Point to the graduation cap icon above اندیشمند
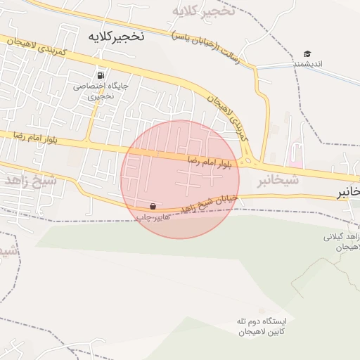click(x=307, y=54)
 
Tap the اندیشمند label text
click(x=307, y=65)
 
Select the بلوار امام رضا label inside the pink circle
click(x=209, y=162)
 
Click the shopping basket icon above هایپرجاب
click(x=153, y=207)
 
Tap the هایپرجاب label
click(x=153, y=217)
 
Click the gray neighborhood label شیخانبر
click(x=277, y=181)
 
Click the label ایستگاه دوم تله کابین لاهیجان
click(x=263, y=326)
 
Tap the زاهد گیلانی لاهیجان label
click(x=342, y=243)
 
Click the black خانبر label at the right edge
click(x=347, y=191)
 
